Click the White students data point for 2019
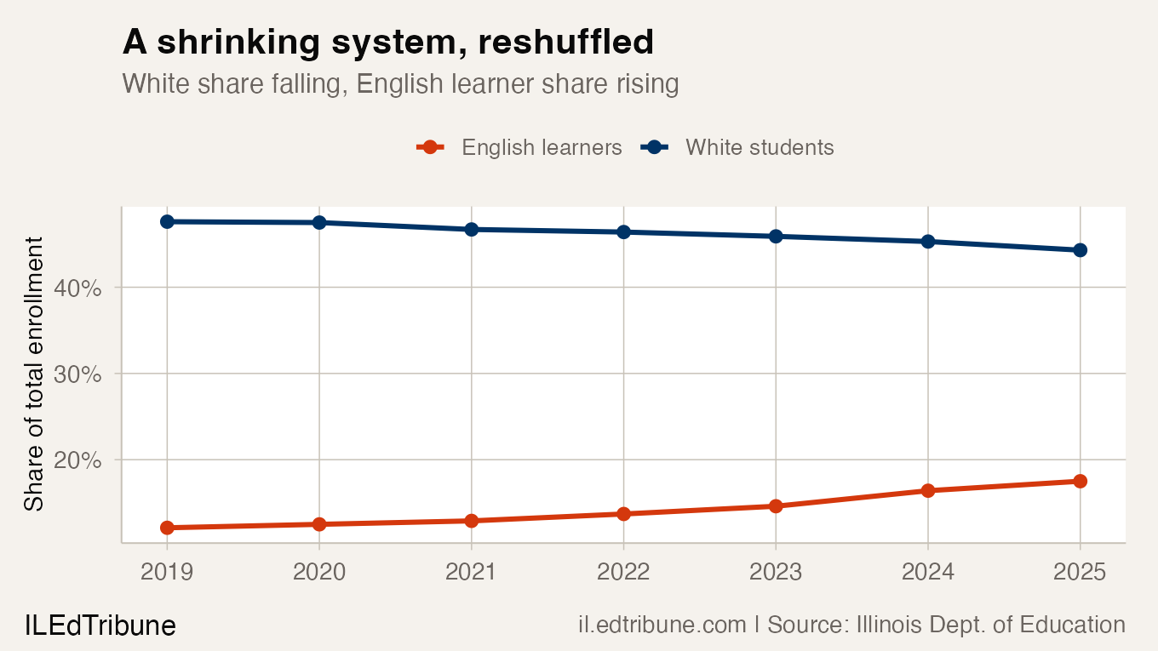tap(167, 221)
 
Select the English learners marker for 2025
tap(1080, 481)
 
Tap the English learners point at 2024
tap(927, 490)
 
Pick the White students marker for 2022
tap(623, 231)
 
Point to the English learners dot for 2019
tap(167, 528)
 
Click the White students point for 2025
tap(1080, 250)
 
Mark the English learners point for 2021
tap(471, 521)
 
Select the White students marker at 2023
tap(776, 236)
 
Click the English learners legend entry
tap(519, 147)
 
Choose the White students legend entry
tap(737, 147)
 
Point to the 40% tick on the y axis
tap(78, 288)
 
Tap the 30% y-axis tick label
tap(78, 374)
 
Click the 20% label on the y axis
tap(78, 460)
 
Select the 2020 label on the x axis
tap(318, 572)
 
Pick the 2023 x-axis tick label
tap(776, 572)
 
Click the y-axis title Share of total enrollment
tap(34, 374)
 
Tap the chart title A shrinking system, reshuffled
tap(387, 42)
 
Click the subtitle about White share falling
tap(400, 83)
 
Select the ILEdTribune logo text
tap(100, 625)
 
